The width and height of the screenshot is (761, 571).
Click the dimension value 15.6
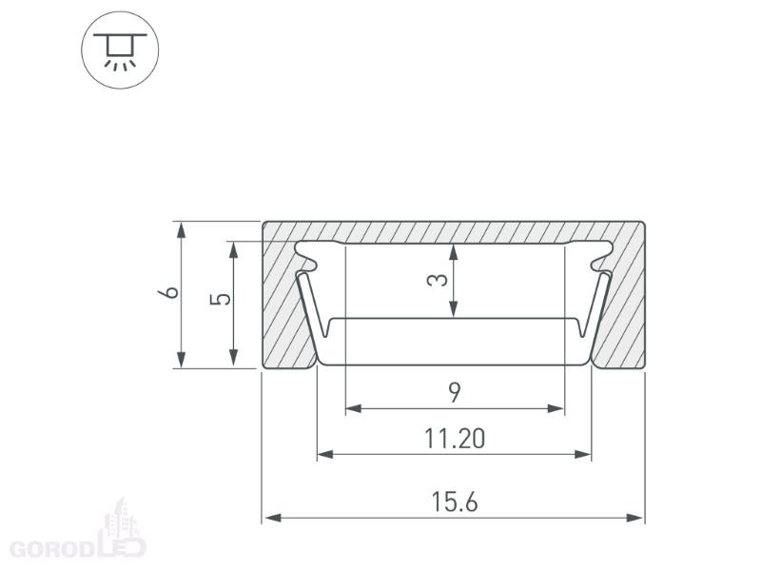click(455, 502)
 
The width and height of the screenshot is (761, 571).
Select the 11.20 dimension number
click(455, 439)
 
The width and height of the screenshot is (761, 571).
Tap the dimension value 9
click(455, 392)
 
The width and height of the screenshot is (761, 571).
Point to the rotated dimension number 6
click(171, 292)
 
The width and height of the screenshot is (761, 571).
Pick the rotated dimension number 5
click(221, 299)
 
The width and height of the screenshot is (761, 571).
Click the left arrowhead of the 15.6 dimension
click(273, 518)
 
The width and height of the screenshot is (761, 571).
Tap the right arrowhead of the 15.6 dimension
click(634, 518)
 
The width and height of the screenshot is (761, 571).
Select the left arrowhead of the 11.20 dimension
click(325, 455)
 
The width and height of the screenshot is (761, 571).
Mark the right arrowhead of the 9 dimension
click(556, 409)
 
